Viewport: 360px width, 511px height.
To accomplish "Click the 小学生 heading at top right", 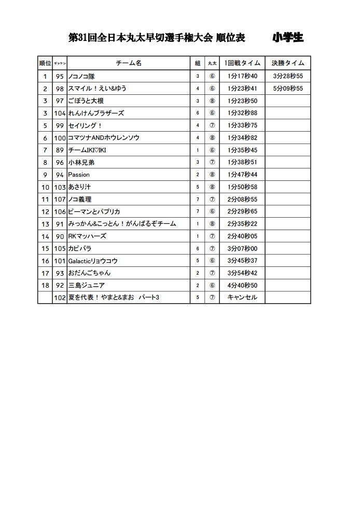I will pyautogui.click(x=288, y=37).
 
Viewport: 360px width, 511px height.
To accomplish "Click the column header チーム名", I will pyautogui.click(x=129, y=63).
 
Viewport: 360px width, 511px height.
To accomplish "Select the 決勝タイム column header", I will pyautogui.click(x=288, y=63).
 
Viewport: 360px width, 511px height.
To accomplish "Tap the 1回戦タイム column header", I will pyautogui.click(x=242, y=63).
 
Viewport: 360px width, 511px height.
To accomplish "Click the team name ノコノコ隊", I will pyautogui.click(x=81, y=76).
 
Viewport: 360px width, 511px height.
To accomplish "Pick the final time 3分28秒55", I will pyautogui.click(x=288, y=76).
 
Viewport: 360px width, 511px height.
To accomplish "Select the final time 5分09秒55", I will pyautogui.click(x=288, y=89).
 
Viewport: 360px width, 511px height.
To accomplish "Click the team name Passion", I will pyautogui.click(x=79, y=175).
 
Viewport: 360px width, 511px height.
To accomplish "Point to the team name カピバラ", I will pyautogui.click(x=80, y=249).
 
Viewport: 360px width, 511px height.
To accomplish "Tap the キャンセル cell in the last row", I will pyautogui.click(x=242, y=297).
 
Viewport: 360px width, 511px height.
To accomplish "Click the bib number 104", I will pyautogui.click(x=60, y=113).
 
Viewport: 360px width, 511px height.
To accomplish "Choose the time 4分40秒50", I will pyautogui.click(x=242, y=286).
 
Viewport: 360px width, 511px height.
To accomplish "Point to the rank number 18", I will pyautogui.click(x=45, y=286).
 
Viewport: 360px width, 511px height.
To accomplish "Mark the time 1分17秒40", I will pyautogui.click(x=242, y=76).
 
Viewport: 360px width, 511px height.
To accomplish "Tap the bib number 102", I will pyautogui.click(x=60, y=297).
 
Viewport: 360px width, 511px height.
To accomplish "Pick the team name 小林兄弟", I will pyautogui.click(x=81, y=162).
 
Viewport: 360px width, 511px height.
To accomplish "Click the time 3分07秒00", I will pyautogui.click(x=242, y=249).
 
